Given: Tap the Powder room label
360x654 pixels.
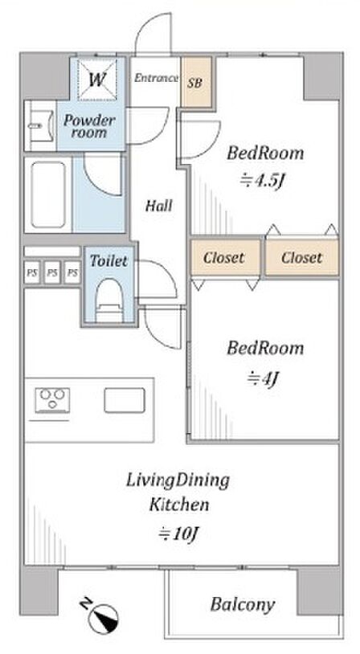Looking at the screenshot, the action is pos(89,126).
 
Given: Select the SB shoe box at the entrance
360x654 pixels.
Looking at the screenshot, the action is pos(196,82).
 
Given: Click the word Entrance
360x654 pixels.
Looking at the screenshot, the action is pos(156,78).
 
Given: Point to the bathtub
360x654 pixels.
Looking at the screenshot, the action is pos(48,194).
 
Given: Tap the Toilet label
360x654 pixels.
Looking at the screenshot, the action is pos(108,261).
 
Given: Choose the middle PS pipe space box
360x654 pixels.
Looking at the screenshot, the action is pos(52,272).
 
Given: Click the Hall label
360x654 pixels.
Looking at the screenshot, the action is pos(159,205).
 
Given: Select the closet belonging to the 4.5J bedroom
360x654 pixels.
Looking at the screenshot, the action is pos(302,257).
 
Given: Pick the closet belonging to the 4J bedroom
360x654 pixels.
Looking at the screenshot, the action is pos(226,257).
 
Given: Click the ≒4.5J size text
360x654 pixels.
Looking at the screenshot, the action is pos(265,181).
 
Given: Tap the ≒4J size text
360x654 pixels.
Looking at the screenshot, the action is pos(263,379).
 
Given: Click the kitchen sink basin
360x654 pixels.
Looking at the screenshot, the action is pos(125,400).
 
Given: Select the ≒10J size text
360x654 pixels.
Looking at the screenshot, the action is pos(178,533).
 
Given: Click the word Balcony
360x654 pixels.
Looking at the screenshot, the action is pos(243,604).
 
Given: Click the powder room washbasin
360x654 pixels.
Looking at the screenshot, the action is pos(39,125).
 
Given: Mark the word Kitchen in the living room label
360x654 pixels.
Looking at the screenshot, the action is pos(179,505).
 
